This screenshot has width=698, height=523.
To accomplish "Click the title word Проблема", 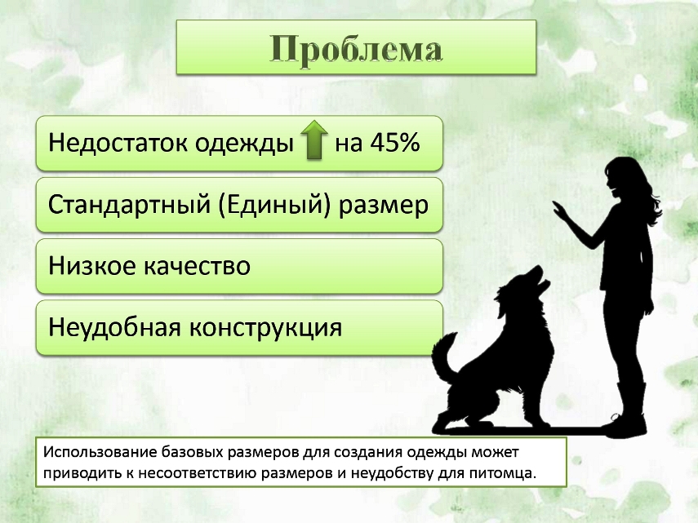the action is click(356, 49).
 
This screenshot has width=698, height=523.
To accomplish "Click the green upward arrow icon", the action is click(314, 140).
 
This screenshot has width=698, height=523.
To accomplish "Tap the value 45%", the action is click(395, 142).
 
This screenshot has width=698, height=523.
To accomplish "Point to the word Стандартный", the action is click(129, 205).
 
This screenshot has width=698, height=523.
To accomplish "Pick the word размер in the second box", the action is click(384, 206).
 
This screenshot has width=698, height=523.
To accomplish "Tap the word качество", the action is click(197, 266).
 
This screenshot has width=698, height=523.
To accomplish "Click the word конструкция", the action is click(266, 328).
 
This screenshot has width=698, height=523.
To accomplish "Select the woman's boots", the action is click(629, 410).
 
